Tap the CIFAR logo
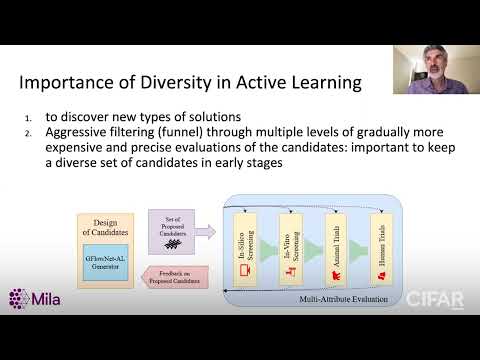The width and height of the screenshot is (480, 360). [435, 299]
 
